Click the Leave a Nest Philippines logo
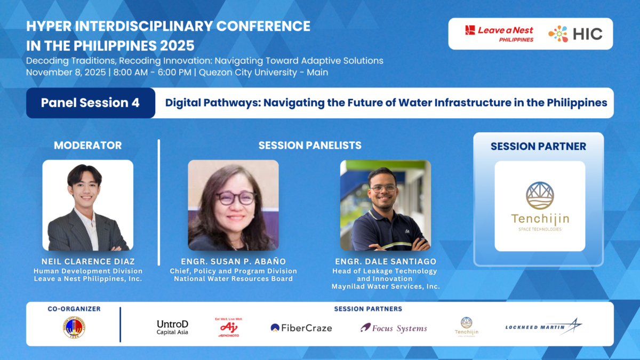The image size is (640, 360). (499, 34)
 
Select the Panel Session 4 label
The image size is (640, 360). (90, 103)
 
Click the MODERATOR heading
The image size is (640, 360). (87, 145)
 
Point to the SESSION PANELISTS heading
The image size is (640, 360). (309, 145)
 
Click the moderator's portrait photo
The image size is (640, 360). (88, 205)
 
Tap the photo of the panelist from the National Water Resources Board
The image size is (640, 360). (233, 205)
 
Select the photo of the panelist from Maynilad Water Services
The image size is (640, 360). (385, 205)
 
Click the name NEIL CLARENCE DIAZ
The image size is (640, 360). (88, 261)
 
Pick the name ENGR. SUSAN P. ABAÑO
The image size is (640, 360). (233, 261)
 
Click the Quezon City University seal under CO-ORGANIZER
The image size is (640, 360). (74, 327)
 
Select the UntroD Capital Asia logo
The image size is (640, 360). (172, 327)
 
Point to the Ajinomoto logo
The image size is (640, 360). (229, 327)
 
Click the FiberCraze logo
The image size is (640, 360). (301, 328)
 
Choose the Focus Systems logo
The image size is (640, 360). (394, 328)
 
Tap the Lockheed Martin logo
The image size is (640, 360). (543, 326)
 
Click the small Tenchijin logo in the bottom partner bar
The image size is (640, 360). (466, 326)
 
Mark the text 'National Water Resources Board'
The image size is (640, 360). (233, 279)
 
